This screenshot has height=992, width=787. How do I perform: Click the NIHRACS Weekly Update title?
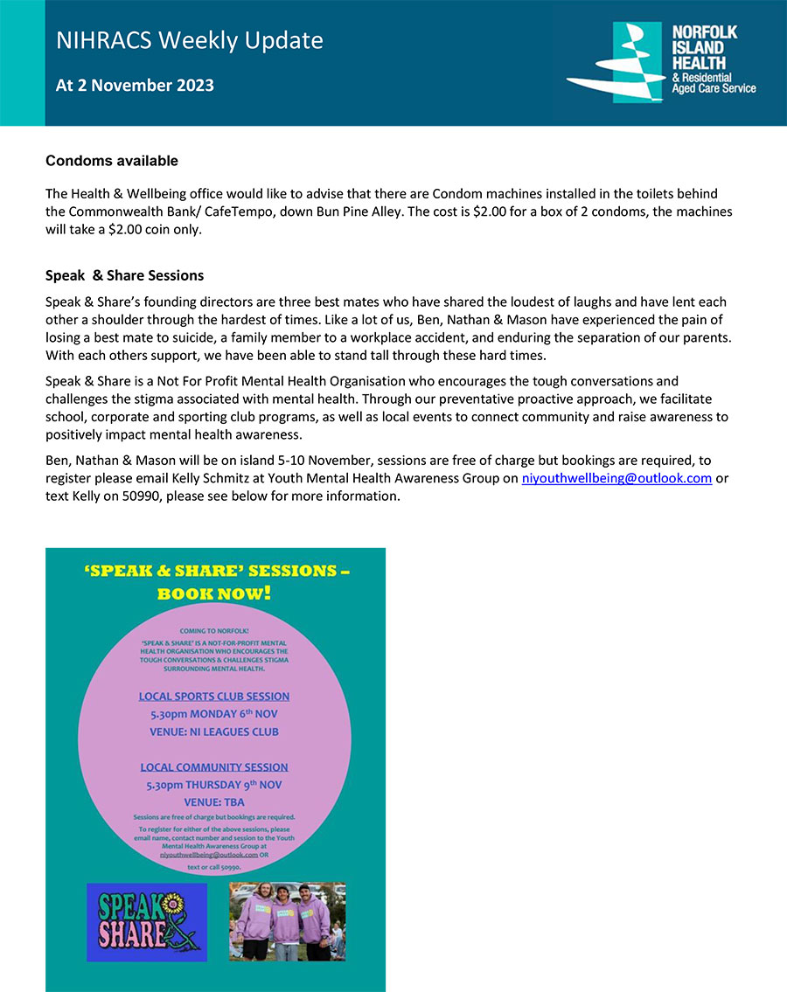point(189,40)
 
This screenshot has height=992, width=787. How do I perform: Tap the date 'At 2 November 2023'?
point(135,86)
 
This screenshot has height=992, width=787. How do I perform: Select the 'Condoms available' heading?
point(111,161)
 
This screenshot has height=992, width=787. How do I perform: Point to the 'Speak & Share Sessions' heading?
point(124,275)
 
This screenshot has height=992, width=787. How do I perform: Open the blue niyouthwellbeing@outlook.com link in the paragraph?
point(616,478)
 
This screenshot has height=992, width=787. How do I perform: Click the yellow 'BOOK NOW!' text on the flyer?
point(213,594)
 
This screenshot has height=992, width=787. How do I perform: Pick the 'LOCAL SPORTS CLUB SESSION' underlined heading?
point(214,697)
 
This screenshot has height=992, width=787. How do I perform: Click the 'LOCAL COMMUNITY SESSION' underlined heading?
point(214,767)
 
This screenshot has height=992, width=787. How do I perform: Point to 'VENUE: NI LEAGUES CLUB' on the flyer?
point(214,732)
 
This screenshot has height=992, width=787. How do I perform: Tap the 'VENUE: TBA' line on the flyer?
point(214,801)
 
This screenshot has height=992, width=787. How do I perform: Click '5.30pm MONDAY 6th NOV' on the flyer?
point(214,714)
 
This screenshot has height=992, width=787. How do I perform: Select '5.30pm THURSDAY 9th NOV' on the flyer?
point(214,785)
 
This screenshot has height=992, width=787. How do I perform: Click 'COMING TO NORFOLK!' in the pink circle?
point(214,630)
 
